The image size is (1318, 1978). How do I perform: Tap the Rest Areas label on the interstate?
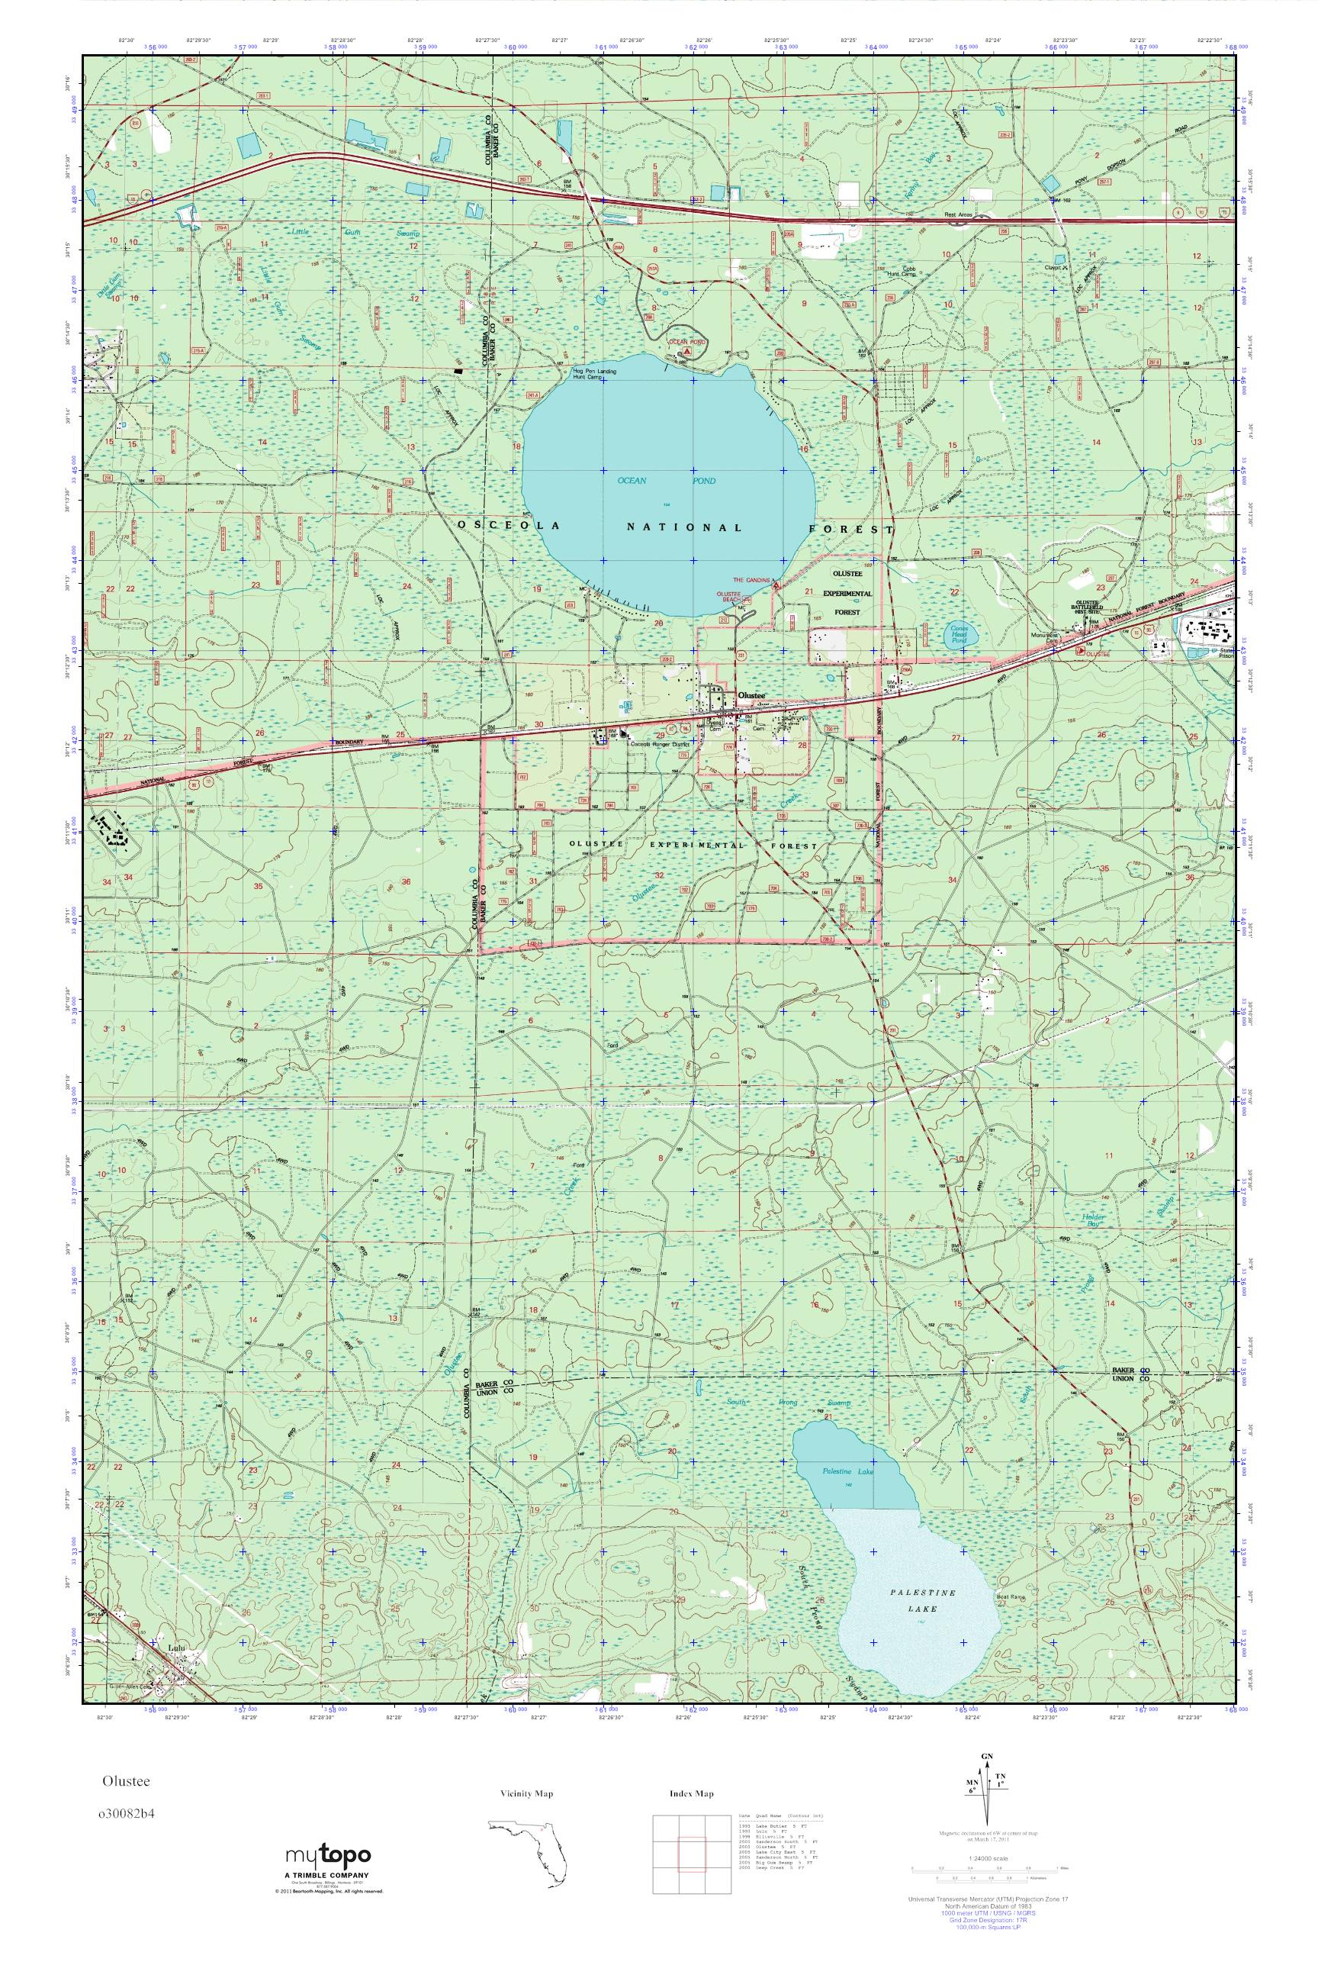[x=958, y=214]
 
